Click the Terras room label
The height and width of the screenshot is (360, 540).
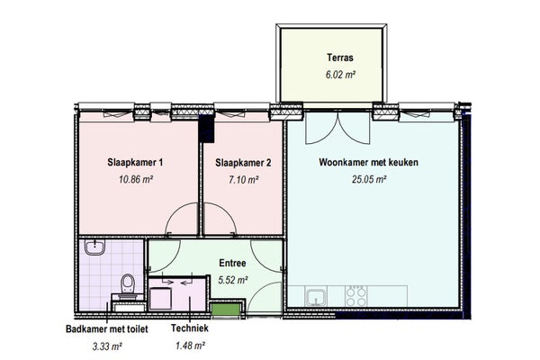(340, 58)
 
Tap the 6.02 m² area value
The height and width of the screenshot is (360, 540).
(340, 75)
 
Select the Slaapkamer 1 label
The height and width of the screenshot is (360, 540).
(135, 162)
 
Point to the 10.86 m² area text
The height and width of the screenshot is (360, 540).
(136, 179)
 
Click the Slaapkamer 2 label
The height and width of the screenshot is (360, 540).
(243, 163)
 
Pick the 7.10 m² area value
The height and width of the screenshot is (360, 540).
(244, 179)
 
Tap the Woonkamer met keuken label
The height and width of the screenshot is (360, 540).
(368, 162)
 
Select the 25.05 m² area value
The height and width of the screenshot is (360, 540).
(369, 179)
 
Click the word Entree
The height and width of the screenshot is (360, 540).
(232, 263)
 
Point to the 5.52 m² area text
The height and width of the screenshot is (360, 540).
(233, 280)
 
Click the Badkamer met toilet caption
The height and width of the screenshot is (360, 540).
(107, 329)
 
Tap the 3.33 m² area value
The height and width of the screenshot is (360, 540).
(107, 346)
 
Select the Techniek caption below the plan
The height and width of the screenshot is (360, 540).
(190, 328)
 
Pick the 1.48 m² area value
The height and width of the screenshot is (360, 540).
(190, 346)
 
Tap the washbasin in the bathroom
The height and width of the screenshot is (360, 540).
(94, 247)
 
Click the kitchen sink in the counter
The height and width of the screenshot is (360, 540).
(317, 297)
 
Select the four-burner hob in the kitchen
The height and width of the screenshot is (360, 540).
(356, 296)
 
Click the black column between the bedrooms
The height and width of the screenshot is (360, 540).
(207, 128)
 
